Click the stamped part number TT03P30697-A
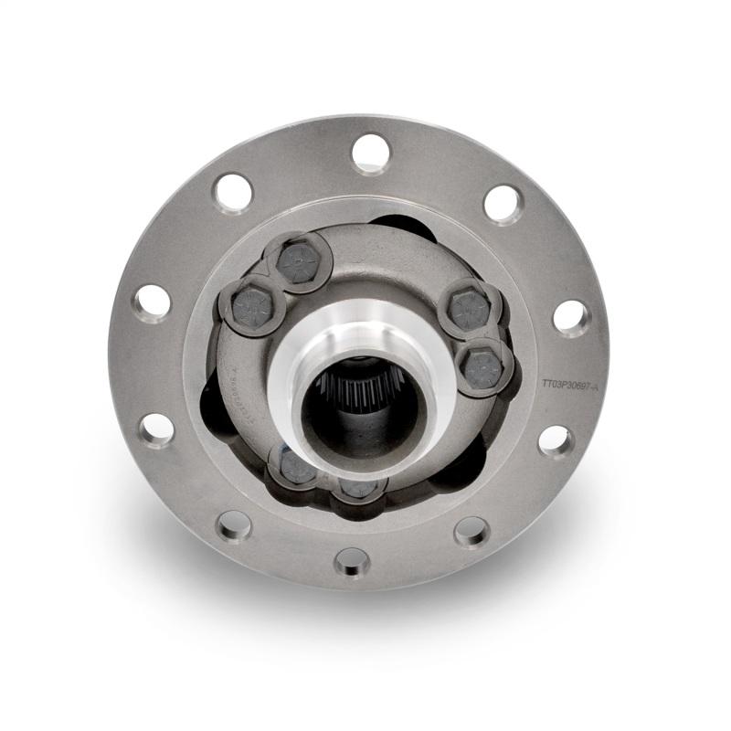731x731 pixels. tap(569, 387)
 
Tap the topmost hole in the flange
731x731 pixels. tap(370, 153)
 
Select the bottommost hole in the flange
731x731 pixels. tap(352, 560)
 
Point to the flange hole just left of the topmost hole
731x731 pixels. tap(233, 193)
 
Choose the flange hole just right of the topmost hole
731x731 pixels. tap(503, 203)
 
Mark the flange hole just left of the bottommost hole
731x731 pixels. tap(235, 525)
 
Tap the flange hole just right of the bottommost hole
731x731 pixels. tap(471, 530)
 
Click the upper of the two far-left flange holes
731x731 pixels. tap(153, 302)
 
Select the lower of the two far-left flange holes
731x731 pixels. tap(157, 429)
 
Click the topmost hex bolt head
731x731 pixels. tap(302, 261)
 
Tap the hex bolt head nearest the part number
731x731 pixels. tap(482, 365)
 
